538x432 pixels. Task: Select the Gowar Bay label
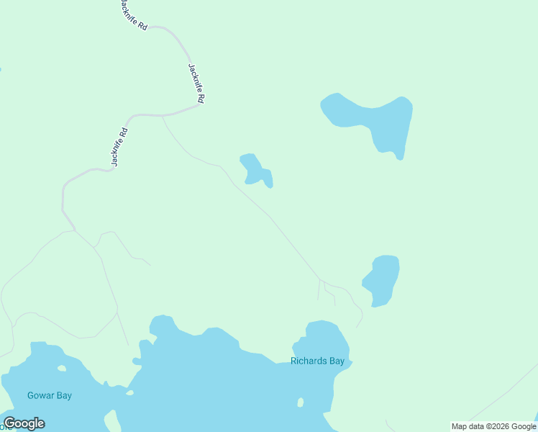(50, 395)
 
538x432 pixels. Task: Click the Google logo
(24, 423)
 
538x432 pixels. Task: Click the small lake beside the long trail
(255, 170)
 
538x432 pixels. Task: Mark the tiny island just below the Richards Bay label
(301, 402)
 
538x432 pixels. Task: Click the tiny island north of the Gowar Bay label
(62, 368)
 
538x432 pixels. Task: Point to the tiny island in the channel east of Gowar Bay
(129, 392)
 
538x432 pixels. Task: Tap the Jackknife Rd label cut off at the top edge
(134, 13)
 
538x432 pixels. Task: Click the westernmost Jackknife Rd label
(119, 148)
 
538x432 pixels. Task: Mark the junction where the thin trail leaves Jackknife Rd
(163, 116)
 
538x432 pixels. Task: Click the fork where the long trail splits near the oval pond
(321, 279)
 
